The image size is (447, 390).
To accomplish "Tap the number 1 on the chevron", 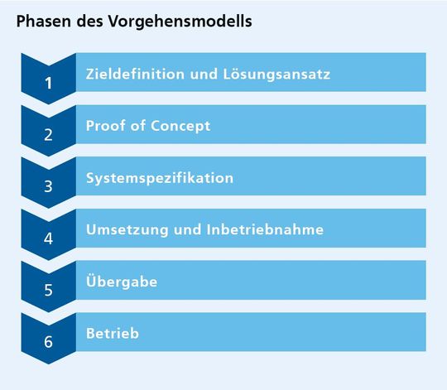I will pos(49,83).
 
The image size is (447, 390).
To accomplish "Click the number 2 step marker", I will pos(49,134).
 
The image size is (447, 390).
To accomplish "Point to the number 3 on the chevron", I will pos(49,185).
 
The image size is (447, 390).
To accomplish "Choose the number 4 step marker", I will pos(49,238).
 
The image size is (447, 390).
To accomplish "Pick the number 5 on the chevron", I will pos(49,290).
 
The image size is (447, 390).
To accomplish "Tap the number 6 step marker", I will pos(49,341).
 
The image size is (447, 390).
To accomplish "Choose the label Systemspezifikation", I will pos(159,178).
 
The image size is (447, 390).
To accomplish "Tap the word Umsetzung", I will pos(127,229).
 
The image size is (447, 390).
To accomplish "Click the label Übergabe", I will pos(122,282).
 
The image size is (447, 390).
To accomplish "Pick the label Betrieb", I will pos(112,334).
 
